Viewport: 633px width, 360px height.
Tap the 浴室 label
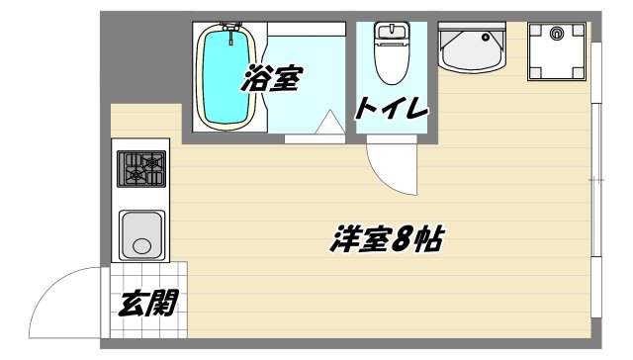click(270, 79)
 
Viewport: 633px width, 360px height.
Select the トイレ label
click(392, 108)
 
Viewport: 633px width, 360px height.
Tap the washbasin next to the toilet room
click(471, 47)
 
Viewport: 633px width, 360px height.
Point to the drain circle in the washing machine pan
click(556, 33)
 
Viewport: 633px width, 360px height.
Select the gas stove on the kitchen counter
click(142, 169)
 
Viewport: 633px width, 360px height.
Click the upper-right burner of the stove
click(153, 159)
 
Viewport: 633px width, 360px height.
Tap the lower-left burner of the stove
click(133, 179)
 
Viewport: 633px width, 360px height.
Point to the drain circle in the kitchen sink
click(144, 245)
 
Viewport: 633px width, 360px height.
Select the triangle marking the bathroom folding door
click(328, 124)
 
